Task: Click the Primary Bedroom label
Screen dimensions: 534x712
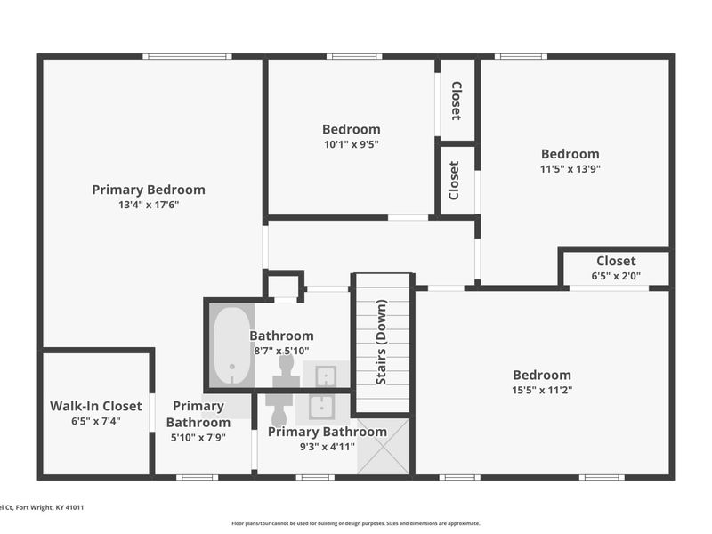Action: click(x=149, y=190)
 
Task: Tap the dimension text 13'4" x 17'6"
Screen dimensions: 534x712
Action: click(x=149, y=205)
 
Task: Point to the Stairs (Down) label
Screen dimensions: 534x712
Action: click(x=382, y=343)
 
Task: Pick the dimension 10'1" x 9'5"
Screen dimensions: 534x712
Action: click(x=351, y=144)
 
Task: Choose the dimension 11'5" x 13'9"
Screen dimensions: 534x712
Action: click(x=570, y=169)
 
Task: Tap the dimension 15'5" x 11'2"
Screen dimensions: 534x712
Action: click(x=542, y=390)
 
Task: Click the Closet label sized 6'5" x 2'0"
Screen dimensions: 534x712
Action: click(x=616, y=261)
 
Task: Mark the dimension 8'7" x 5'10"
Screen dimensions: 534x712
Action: click(x=281, y=351)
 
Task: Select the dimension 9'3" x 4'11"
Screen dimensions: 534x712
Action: click(x=327, y=447)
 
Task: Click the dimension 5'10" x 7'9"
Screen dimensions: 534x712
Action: click(x=198, y=437)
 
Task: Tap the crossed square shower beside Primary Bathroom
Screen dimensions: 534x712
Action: click(x=384, y=446)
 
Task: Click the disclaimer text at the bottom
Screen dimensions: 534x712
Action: click(x=356, y=523)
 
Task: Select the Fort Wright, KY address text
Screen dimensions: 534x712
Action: click(x=40, y=507)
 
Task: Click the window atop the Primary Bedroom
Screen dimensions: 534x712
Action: click(x=187, y=57)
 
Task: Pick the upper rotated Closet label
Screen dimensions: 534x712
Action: click(x=457, y=101)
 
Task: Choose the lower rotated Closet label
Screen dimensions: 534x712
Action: click(x=456, y=180)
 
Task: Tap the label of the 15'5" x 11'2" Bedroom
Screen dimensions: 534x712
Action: click(x=542, y=375)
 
